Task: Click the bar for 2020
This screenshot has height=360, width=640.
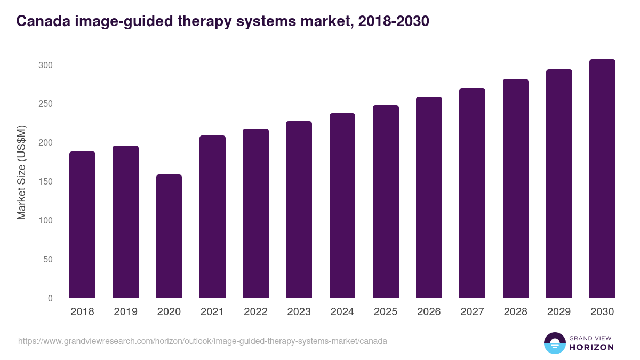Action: point(169,236)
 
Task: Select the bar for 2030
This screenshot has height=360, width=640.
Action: point(602,179)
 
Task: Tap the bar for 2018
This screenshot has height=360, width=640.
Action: point(82,225)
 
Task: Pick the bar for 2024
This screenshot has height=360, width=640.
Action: point(342,205)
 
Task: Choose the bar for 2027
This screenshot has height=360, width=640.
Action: point(472,193)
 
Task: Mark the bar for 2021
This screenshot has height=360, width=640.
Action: point(212,217)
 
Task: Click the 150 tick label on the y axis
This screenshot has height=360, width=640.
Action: point(46,181)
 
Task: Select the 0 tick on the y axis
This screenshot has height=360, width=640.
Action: point(50,298)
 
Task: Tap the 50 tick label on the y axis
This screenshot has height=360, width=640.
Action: point(48,259)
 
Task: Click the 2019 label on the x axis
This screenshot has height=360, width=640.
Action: point(125,312)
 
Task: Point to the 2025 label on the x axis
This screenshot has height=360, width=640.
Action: point(386,312)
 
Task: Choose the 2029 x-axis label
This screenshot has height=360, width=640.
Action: point(559,312)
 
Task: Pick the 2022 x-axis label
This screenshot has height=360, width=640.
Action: point(255,312)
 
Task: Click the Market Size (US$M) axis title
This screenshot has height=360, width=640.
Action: point(21,172)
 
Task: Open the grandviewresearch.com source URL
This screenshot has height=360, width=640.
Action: point(203,341)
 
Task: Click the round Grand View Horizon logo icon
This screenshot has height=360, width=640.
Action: point(555,343)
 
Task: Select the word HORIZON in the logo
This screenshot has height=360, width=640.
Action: point(592,347)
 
